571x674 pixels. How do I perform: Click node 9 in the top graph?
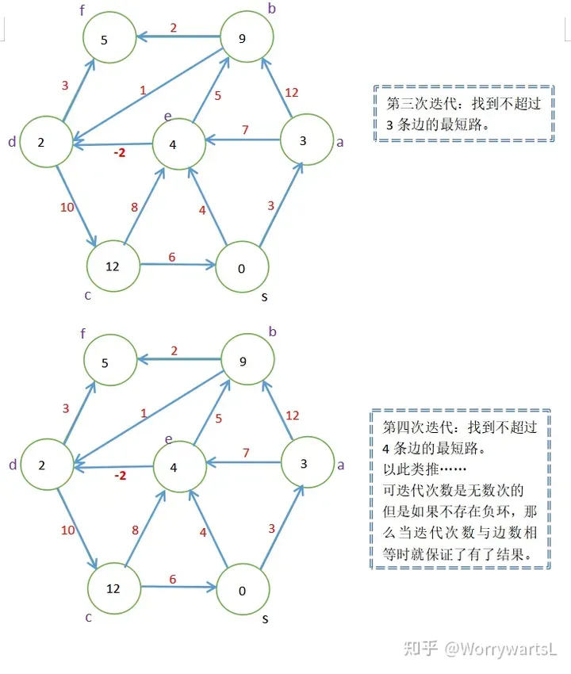247,36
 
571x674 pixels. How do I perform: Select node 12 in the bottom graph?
113,588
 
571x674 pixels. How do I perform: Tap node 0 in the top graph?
242,268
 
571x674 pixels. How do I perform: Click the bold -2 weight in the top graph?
121,152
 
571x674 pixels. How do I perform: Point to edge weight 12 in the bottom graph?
292,416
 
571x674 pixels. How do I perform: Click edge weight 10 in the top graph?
67,208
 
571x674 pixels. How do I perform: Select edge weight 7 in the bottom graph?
246,453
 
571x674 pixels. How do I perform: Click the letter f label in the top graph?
82,11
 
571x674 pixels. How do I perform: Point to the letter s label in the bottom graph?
265,618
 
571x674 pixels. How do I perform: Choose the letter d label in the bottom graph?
12,465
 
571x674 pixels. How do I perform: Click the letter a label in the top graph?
340,143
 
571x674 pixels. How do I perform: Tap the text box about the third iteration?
464,113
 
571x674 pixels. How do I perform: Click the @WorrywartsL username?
500,649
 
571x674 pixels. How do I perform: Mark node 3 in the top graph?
302,141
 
